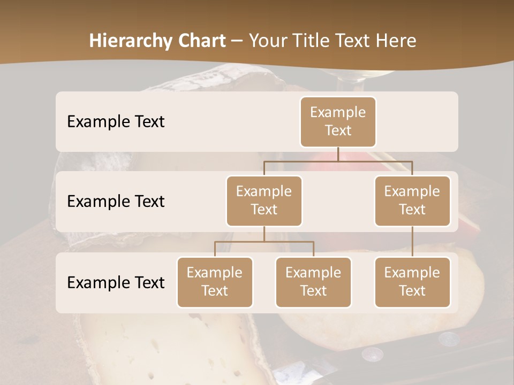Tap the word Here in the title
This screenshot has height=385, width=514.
(397, 41)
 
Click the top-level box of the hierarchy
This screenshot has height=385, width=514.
(338, 121)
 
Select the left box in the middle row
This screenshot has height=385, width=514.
(264, 201)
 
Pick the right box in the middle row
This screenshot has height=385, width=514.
(412, 201)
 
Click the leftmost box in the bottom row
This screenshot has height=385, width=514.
(215, 282)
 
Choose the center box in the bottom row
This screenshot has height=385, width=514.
(313, 282)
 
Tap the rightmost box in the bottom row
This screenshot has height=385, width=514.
(412, 282)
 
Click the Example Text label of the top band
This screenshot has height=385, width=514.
(116, 122)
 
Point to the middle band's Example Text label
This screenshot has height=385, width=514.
(116, 202)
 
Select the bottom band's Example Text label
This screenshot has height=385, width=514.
(116, 282)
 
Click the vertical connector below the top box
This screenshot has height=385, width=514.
(338, 154)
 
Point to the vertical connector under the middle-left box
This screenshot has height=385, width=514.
(264, 234)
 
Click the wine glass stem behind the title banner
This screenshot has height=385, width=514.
(351, 80)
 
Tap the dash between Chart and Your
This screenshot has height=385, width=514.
(237, 41)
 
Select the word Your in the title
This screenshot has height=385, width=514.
(266, 41)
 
